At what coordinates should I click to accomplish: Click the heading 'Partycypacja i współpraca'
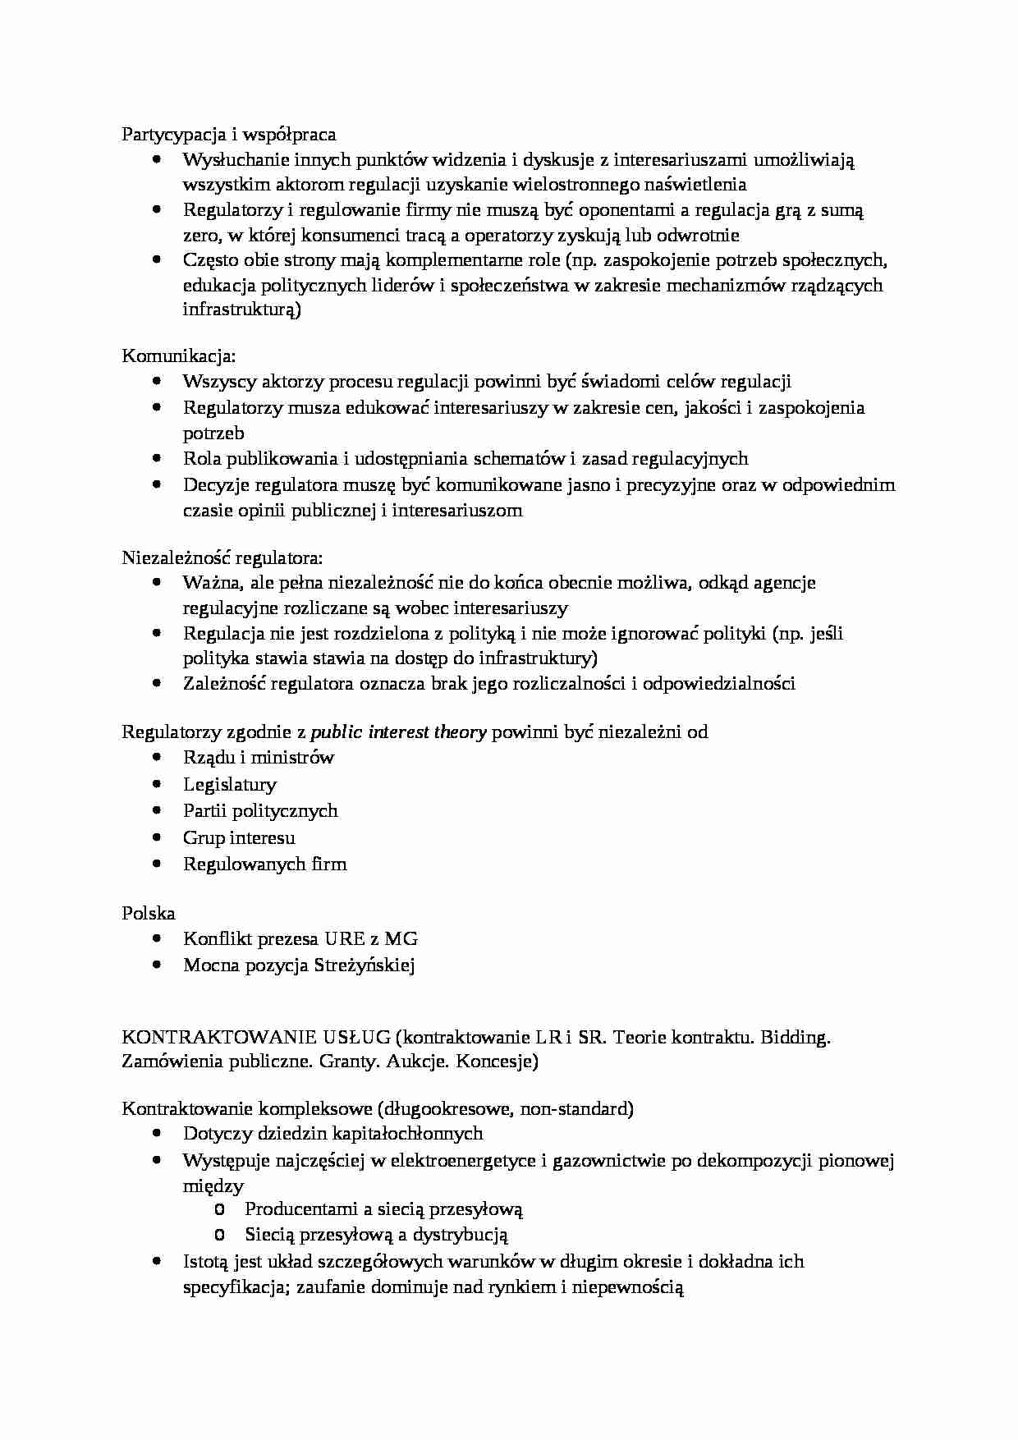click(x=228, y=134)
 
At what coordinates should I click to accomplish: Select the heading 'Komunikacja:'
click(x=179, y=355)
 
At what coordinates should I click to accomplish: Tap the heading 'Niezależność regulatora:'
click(x=222, y=557)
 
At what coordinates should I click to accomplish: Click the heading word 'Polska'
click(x=149, y=912)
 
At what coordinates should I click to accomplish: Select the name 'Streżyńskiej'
click(x=365, y=965)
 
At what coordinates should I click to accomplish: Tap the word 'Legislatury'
click(x=230, y=784)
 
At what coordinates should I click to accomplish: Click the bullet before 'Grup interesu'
click(x=157, y=837)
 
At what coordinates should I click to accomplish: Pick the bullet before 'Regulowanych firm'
click(x=157, y=864)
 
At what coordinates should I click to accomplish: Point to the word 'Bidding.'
click(x=796, y=1037)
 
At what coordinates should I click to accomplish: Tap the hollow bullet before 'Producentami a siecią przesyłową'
click(x=218, y=1209)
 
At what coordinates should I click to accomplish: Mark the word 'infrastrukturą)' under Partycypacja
click(x=242, y=310)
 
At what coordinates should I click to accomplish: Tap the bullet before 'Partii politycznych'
click(x=157, y=810)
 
